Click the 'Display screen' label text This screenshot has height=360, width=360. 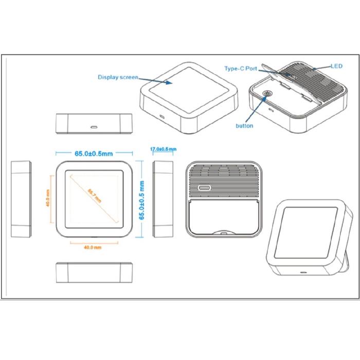click(118, 77)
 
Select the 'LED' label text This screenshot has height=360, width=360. click(336, 66)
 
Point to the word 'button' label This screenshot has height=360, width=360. click(244, 125)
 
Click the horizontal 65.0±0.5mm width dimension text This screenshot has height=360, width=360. click(94, 153)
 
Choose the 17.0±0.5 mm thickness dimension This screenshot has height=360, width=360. click(162, 149)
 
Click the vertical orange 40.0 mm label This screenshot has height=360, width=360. click(48, 197)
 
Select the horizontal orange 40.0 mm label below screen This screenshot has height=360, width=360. click(93, 247)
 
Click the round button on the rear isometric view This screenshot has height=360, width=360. click(267, 95)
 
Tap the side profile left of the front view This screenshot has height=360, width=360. click(21, 199)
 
